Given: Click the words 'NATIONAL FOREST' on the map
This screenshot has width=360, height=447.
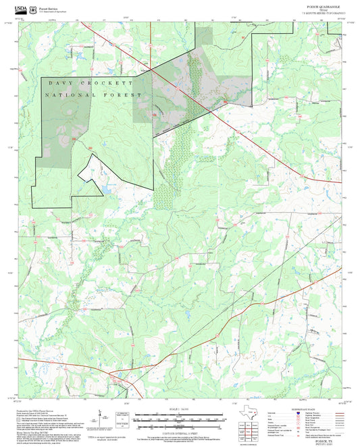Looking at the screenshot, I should (93, 95).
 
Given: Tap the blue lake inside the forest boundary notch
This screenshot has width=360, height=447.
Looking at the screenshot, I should (103, 190).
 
